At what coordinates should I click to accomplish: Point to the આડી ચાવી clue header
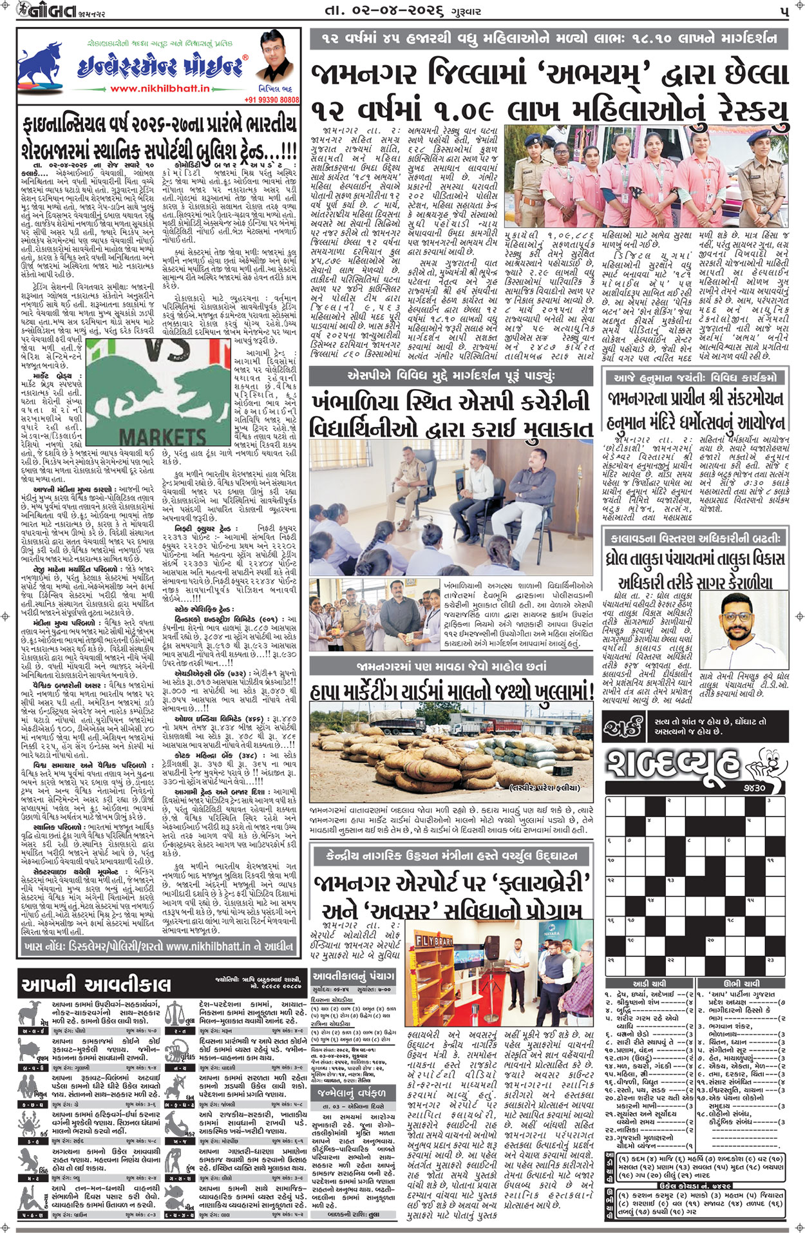(649, 984)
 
